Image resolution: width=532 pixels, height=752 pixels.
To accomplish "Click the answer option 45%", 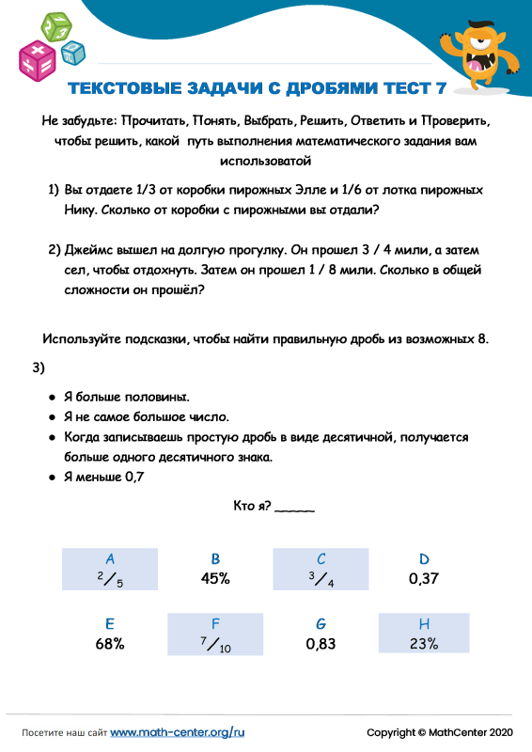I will tap(215, 579).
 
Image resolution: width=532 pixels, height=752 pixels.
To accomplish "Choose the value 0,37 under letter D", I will tap(425, 579).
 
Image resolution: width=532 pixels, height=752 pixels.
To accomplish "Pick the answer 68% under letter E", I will tap(110, 645).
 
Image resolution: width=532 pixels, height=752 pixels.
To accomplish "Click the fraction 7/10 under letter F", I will tap(216, 646).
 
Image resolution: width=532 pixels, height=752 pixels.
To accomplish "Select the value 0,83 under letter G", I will tap(321, 645).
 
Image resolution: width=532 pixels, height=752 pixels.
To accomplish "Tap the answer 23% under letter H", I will tap(424, 645).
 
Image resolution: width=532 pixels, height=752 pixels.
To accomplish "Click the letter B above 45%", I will tap(215, 558).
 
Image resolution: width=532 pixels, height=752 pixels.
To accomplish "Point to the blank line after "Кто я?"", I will tap(297, 510).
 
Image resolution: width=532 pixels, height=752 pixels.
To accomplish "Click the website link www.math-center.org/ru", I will tap(178, 731).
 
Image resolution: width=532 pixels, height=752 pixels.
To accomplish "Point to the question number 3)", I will tap(39, 368).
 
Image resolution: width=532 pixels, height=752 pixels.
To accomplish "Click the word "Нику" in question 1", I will tap(79, 210).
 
